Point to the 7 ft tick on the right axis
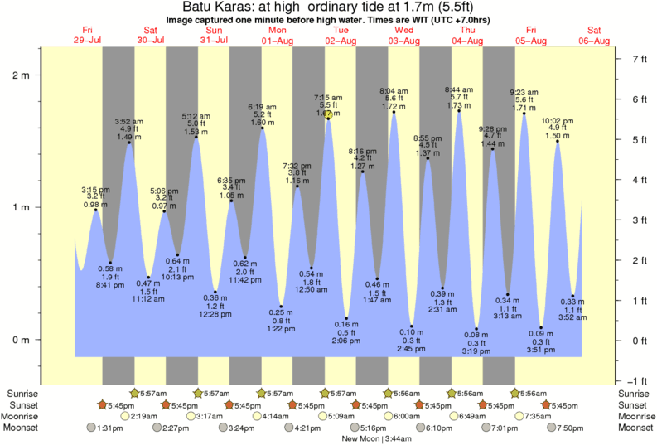click(x=616, y=59)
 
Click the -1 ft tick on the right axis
click(x=616, y=380)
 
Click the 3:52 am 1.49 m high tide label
click(x=129, y=129)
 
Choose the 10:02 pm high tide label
click(x=557, y=128)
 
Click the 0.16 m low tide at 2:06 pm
click(x=348, y=332)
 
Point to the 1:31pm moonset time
click(x=111, y=428)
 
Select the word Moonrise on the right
click(x=633, y=416)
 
